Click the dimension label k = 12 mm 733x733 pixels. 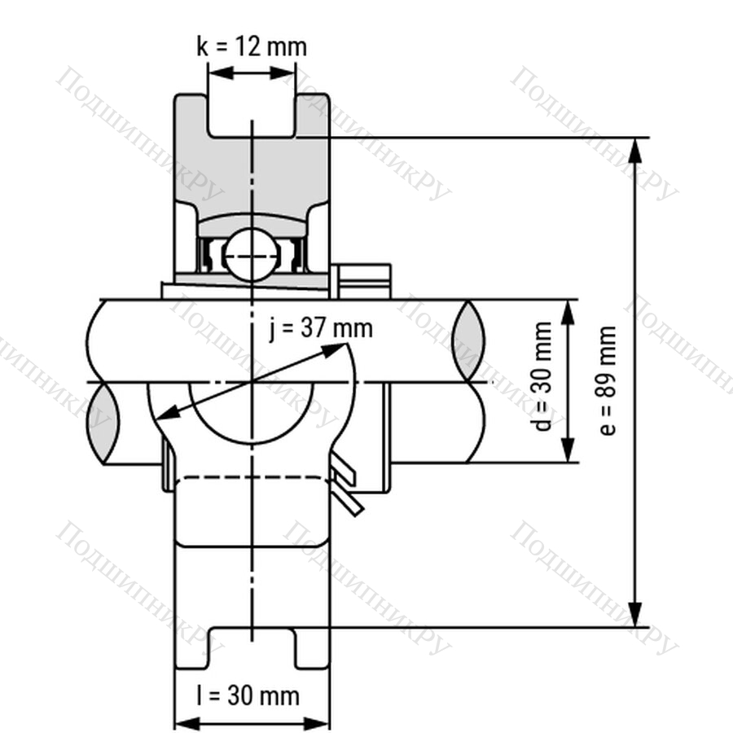point(252,46)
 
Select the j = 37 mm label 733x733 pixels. point(320,328)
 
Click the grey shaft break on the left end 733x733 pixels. point(102,423)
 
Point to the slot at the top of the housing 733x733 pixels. point(251,114)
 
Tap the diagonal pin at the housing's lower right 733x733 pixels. point(348,488)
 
